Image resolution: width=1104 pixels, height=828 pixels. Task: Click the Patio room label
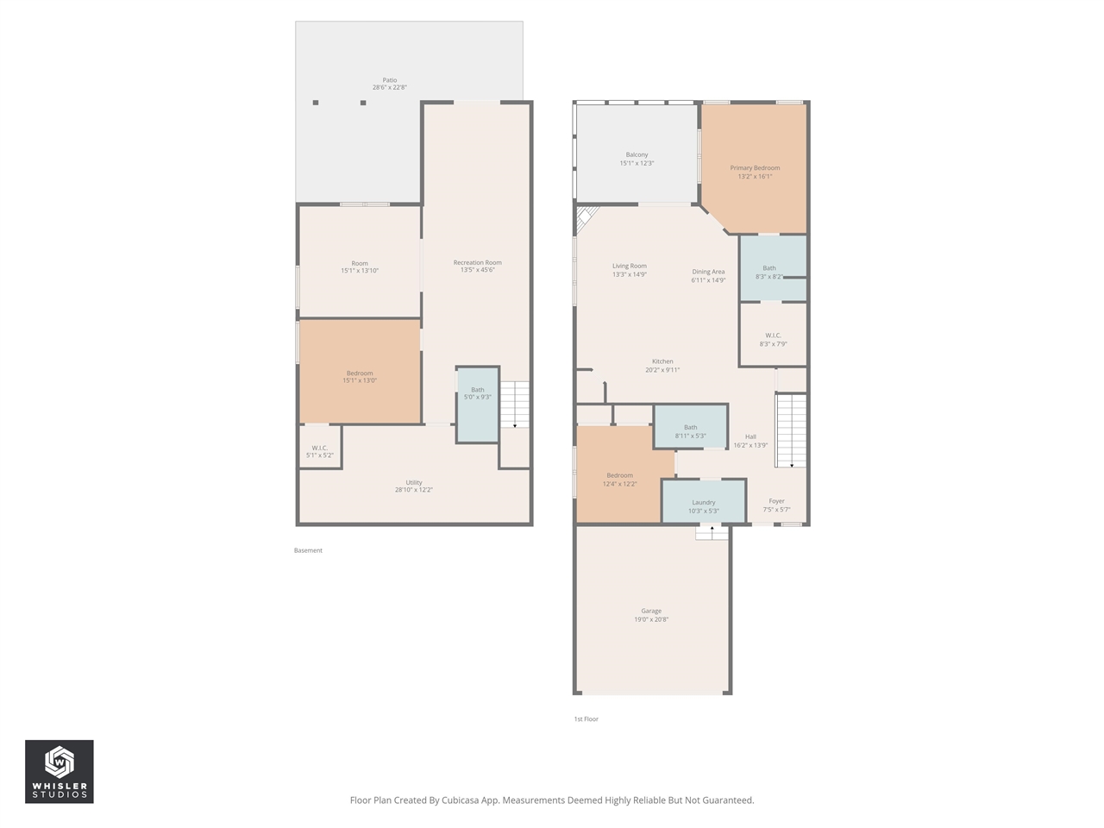tap(390, 80)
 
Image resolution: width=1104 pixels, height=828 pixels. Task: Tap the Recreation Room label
tap(477, 263)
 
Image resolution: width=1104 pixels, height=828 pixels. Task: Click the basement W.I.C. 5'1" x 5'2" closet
tap(319, 451)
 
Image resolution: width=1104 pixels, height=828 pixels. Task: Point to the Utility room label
tap(414, 483)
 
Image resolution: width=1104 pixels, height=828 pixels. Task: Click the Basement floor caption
tap(308, 550)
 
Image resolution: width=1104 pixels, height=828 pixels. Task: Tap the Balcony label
tap(637, 155)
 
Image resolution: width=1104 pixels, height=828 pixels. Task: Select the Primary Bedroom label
tap(755, 168)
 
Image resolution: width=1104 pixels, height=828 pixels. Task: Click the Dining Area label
tap(708, 272)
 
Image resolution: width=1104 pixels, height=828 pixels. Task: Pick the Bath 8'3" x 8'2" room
tap(769, 269)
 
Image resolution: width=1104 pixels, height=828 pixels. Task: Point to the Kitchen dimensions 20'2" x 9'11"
tap(662, 370)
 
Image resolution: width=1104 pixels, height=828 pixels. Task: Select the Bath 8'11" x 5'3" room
tap(690, 429)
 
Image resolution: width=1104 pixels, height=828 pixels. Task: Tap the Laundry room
tap(703, 503)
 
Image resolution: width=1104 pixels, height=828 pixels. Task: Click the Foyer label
tap(776, 501)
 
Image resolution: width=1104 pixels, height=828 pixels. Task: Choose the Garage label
tap(651, 611)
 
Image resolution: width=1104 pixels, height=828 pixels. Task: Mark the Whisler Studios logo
tap(60, 771)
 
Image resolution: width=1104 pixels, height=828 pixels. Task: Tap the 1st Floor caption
tap(586, 718)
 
